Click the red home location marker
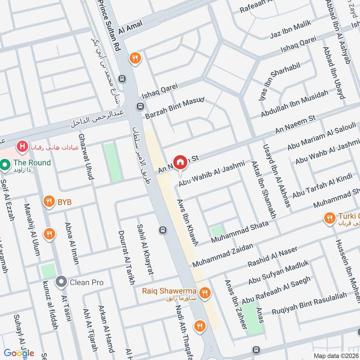pyautogui.click(x=180, y=162)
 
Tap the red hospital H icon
pyautogui.click(x=21, y=146)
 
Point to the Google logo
pyautogui.click(x=19, y=353)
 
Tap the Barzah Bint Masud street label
pyautogui.click(x=175, y=108)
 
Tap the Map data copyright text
pyautogui.click(x=336, y=355)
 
